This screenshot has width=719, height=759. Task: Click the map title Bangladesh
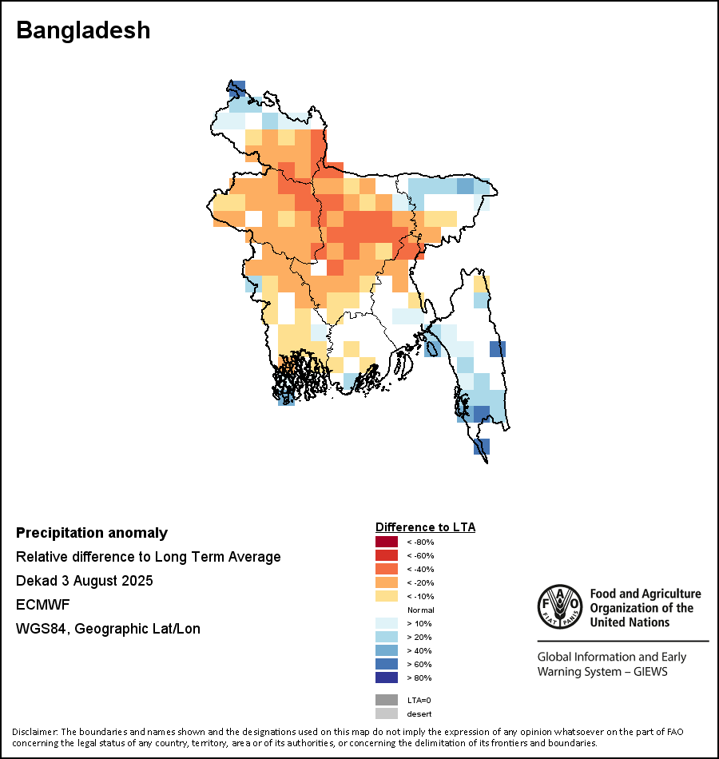click(x=83, y=30)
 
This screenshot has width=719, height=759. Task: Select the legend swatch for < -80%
click(x=387, y=542)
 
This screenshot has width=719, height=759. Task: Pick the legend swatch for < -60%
click(x=387, y=556)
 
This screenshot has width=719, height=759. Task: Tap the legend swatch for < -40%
click(x=387, y=570)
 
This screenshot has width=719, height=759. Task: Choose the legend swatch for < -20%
click(x=387, y=583)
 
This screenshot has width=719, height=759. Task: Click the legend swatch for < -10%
click(x=387, y=597)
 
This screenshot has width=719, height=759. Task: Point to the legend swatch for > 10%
click(x=387, y=624)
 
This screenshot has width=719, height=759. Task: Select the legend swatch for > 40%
click(x=387, y=651)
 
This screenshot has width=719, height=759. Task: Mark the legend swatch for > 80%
click(x=387, y=678)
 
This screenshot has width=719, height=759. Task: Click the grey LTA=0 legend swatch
click(x=387, y=700)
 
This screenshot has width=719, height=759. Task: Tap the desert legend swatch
click(x=387, y=713)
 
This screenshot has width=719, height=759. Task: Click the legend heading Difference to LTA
click(x=425, y=527)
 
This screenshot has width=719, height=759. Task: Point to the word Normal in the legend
click(x=420, y=610)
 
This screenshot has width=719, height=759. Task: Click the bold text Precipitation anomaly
click(x=92, y=533)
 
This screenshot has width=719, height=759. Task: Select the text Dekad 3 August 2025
click(x=85, y=581)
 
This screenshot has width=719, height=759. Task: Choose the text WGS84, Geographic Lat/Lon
click(x=108, y=629)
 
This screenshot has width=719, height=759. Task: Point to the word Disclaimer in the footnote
click(x=35, y=732)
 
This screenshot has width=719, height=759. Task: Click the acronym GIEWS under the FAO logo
click(x=648, y=672)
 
